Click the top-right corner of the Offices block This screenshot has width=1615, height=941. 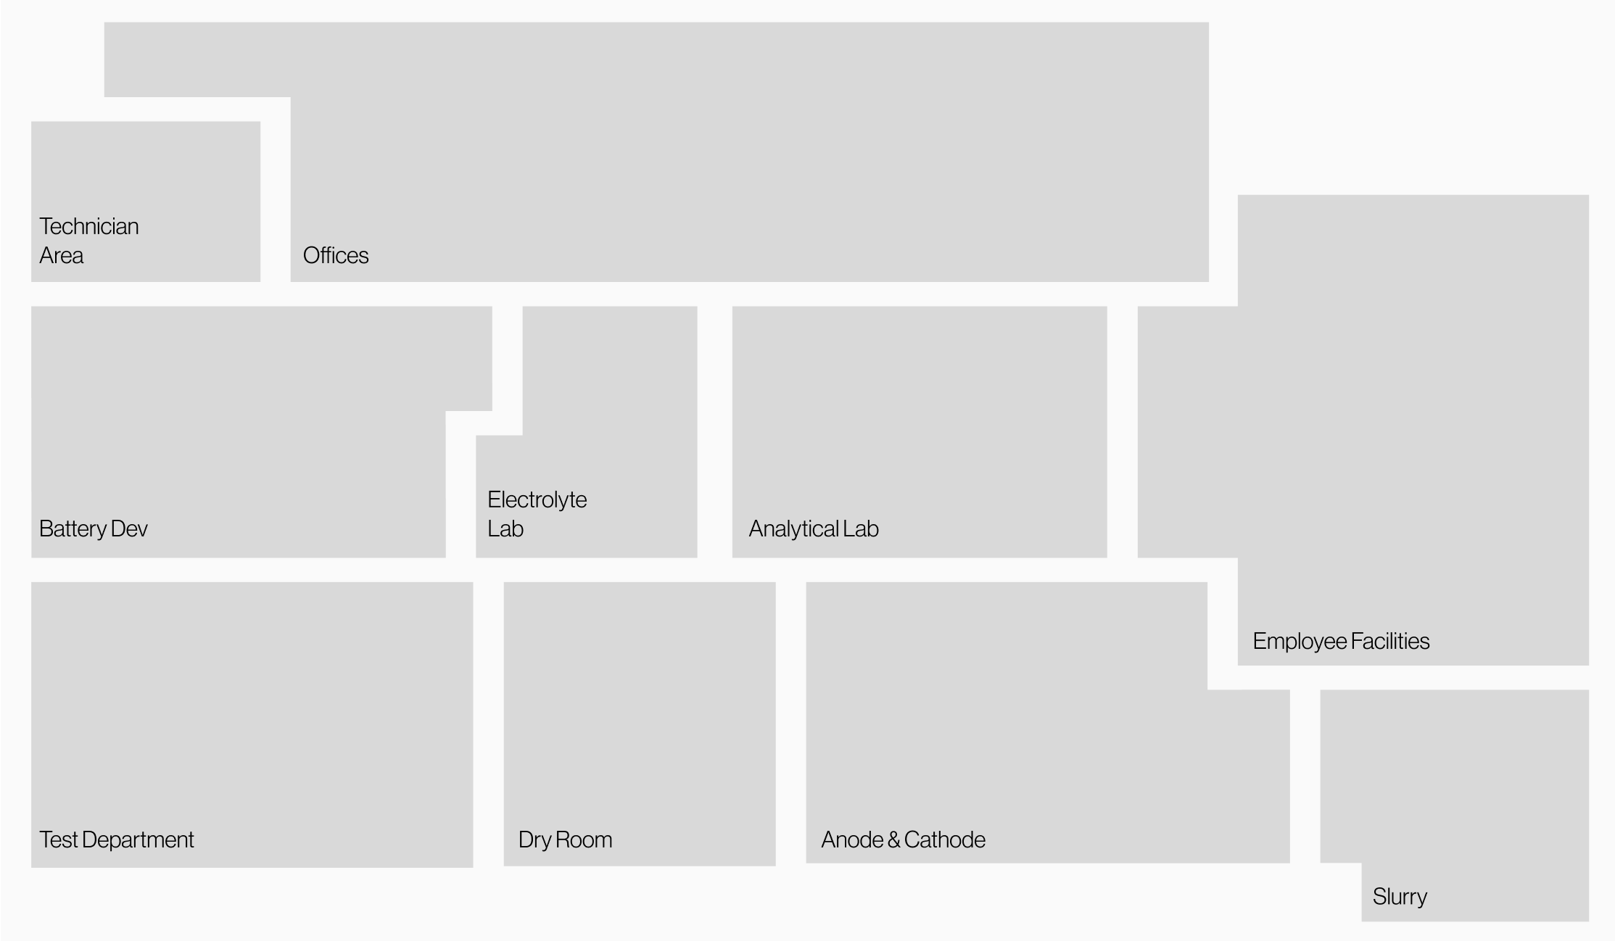tap(1208, 22)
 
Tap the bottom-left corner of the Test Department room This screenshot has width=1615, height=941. tap(31, 867)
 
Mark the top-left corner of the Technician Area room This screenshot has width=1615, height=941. tap(31, 122)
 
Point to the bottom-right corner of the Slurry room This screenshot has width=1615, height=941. tap(1588, 921)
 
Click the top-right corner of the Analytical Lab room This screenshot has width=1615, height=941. tap(1107, 307)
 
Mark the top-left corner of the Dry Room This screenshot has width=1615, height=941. tap(504, 582)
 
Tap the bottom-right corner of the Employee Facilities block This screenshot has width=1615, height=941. tap(1588, 665)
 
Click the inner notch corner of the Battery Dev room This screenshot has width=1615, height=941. tap(445, 411)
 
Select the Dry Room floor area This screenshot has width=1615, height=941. tap(640, 724)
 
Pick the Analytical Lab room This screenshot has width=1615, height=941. tap(920, 432)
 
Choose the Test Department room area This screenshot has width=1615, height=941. tap(252, 724)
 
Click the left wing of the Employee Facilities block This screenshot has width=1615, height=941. tap(1188, 432)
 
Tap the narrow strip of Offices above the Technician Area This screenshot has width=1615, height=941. tap(197, 59)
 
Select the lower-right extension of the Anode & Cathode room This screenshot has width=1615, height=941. tap(1249, 776)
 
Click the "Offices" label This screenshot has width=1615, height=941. tap(336, 255)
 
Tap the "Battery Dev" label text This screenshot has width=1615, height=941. tap(94, 528)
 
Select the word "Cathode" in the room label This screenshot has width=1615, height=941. tap(945, 840)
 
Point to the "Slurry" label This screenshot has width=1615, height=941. tap(1400, 897)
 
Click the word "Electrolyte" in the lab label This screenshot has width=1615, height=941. tap(537, 499)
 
